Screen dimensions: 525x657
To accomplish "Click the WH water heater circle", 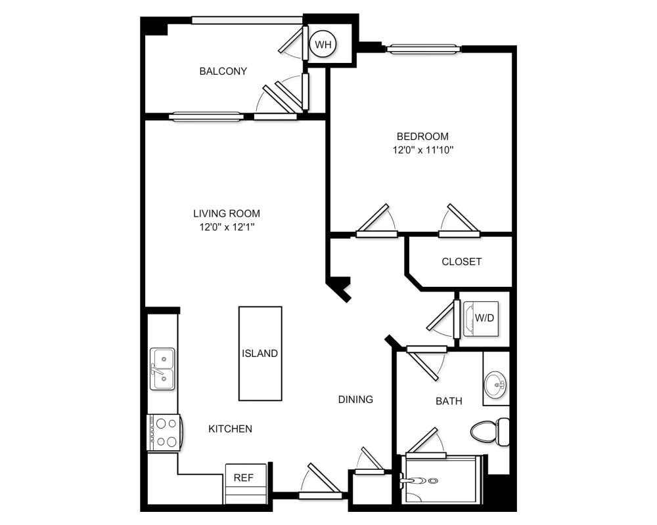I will tap(323, 45).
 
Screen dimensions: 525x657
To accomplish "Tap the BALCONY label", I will tap(223, 71).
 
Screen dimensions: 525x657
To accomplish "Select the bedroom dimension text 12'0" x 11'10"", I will tap(422, 150).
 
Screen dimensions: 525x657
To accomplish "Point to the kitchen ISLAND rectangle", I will tap(260, 353).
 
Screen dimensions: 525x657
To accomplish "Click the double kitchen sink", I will tap(162, 369).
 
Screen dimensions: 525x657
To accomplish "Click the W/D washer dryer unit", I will tap(484, 318).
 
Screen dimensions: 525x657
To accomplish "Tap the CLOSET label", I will tap(461, 261).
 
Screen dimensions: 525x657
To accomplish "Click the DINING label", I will tap(355, 399).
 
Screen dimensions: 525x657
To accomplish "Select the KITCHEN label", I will tap(230, 429).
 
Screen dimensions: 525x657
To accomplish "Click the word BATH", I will tap(449, 401).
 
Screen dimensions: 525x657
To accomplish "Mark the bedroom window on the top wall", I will tap(422, 48).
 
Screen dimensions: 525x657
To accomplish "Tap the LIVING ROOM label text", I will tap(226, 213).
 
